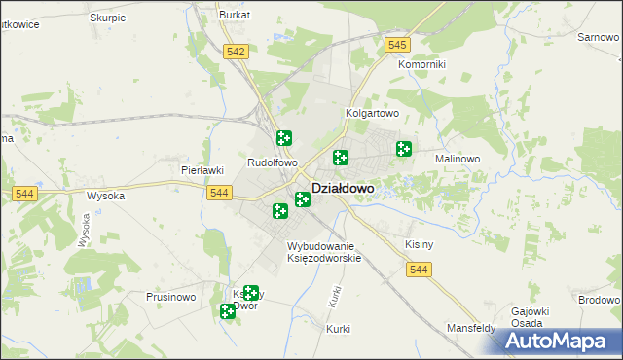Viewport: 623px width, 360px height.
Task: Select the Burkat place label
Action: (x=235, y=16)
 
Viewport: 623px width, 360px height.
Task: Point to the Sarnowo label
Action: (x=599, y=36)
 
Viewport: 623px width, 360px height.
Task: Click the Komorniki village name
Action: (x=421, y=64)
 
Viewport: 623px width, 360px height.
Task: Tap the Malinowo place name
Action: (x=458, y=158)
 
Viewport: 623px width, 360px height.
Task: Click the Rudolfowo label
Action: (x=272, y=163)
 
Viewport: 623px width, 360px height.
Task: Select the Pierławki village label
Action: (x=202, y=169)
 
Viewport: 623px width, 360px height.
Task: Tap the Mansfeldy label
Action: (x=471, y=329)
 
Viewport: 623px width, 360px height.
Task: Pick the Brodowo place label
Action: (x=598, y=301)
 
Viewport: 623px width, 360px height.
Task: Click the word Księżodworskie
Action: (x=324, y=258)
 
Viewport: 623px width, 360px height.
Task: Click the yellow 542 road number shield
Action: (x=235, y=53)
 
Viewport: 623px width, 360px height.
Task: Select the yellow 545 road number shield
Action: (x=396, y=45)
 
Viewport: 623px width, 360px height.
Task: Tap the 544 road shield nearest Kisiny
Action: (x=419, y=269)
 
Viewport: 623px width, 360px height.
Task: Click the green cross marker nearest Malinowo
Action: (x=403, y=149)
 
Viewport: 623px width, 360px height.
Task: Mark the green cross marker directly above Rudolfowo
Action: (x=284, y=138)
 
